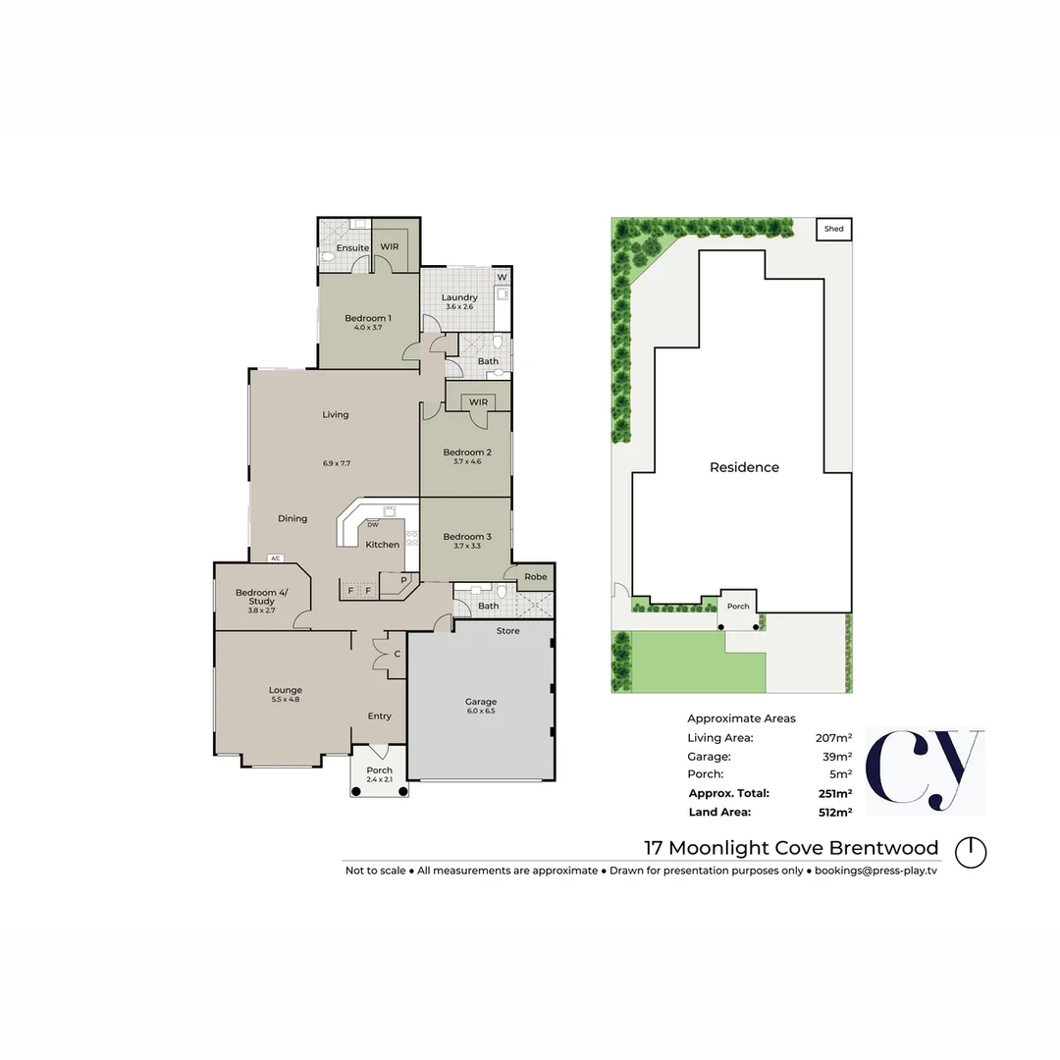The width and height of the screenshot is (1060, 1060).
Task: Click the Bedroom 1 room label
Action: (x=368, y=318)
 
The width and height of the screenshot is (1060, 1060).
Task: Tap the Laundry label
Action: (x=459, y=297)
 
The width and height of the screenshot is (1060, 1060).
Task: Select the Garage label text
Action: (x=481, y=702)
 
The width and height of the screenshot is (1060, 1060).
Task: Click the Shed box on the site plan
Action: (x=834, y=229)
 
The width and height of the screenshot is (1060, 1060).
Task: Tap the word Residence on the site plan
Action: (x=744, y=467)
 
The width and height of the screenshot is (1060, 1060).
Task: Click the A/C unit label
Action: (x=275, y=558)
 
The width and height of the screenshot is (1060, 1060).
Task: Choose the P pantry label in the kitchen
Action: (x=402, y=580)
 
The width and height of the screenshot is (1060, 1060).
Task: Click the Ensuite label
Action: (x=352, y=248)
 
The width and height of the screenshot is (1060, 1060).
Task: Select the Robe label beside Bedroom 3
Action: (x=535, y=577)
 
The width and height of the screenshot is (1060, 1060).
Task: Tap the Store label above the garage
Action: (x=507, y=630)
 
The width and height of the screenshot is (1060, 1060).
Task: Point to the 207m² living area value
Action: (x=833, y=737)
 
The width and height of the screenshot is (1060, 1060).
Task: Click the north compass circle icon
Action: (x=972, y=851)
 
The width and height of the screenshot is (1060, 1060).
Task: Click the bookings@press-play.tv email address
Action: (x=875, y=871)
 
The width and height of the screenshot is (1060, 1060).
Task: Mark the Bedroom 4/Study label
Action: (x=255, y=597)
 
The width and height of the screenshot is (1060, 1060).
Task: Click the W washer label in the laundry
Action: (x=501, y=278)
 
